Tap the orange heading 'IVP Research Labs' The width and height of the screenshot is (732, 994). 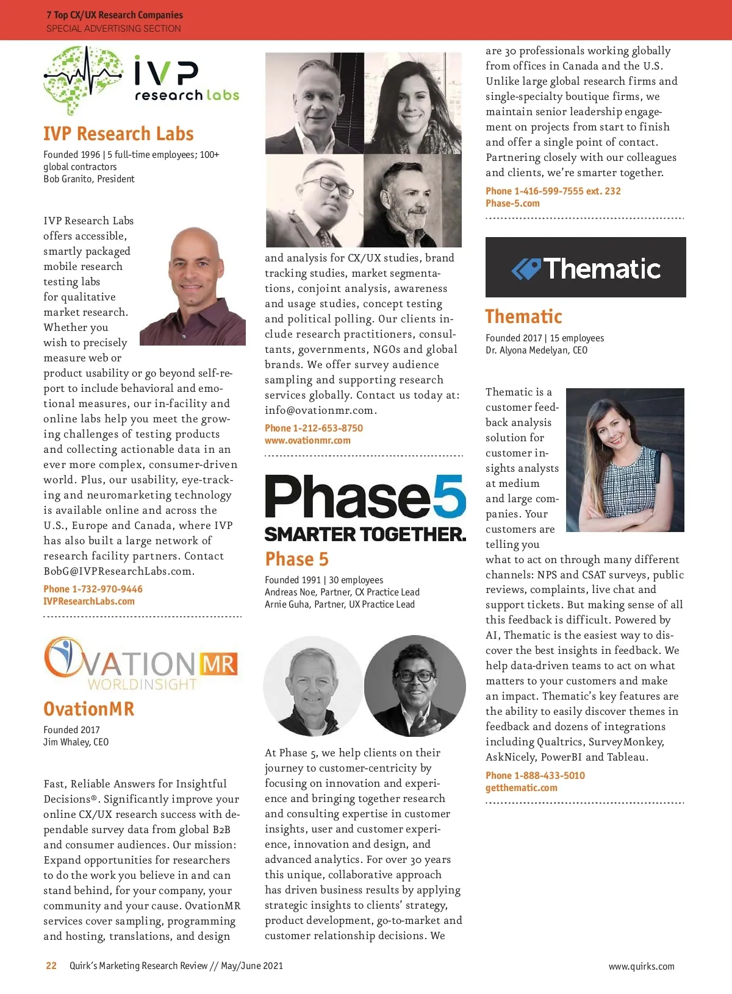[118, 133]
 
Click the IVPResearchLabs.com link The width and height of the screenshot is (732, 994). [89, 601]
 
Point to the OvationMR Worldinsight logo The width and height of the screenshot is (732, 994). [141, 664]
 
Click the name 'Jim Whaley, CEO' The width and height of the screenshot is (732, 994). [76, 742]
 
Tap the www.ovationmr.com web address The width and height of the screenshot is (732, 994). [307, 440]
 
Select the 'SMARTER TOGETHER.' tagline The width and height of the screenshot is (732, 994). [365, 534]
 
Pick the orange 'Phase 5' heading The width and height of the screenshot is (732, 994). [296, 559]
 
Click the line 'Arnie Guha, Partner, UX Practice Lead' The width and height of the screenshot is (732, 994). [340, 604]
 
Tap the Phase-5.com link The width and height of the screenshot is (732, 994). [512, 203]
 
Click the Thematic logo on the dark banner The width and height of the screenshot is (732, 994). [586, 268]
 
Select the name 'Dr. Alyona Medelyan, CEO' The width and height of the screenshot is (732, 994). [536, 350]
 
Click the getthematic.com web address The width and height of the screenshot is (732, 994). [522, 787]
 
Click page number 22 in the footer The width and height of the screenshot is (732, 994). [51, 965]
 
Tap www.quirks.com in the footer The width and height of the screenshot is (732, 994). [641, 966]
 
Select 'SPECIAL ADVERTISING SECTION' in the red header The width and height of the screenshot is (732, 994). [113, 28]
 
